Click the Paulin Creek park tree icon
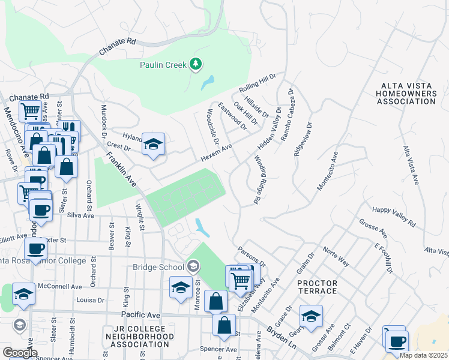click(x=194, y=63)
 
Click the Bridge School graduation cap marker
click(x=193, y=265)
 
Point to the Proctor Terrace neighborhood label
click(x=317, y=287)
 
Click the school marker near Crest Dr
click(x=153, y=144)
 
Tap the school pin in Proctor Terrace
click(x=311, y=316)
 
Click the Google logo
click(x=20, y=353)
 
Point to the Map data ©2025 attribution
click(x=423, y=355)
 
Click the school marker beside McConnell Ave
click(x=23, y=294)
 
